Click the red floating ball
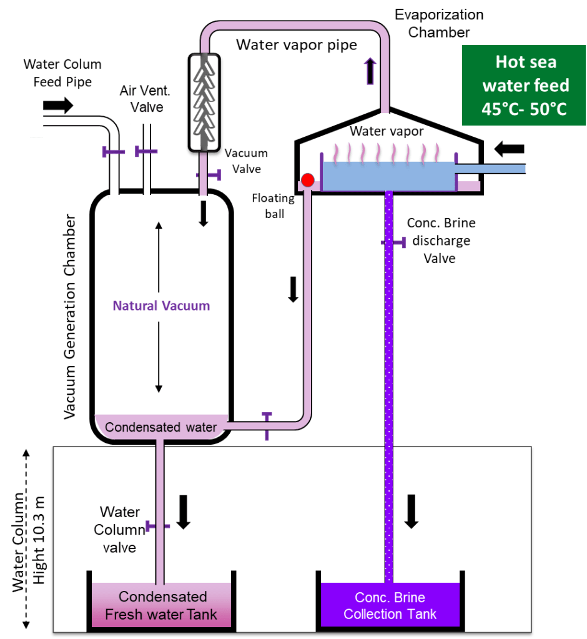click(307, 181)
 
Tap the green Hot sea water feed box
click(525, 86)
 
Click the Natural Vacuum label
click(161, 306)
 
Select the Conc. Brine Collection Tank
click(390, 604)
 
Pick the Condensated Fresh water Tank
click(161, 605)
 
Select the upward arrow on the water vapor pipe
click(370, 70)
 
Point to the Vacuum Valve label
click(246, 161)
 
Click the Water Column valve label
click(119, 529)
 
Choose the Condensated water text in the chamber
click(160, 428)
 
